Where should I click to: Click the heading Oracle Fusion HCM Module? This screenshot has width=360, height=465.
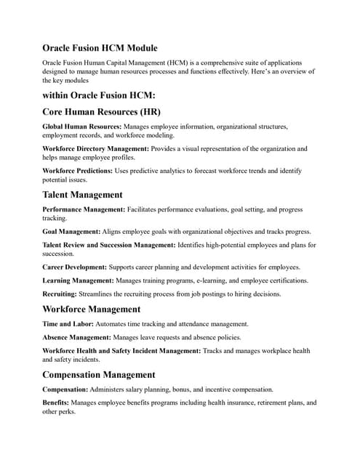100,48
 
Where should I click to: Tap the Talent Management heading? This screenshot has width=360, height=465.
82,195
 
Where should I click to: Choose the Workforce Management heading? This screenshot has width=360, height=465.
92,309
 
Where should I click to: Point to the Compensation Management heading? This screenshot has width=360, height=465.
98,375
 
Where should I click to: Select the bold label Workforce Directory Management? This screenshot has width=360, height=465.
95,148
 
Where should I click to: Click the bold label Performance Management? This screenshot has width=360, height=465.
84,209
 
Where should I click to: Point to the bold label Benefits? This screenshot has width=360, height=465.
58,402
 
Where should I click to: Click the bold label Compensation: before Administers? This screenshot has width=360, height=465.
68,389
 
